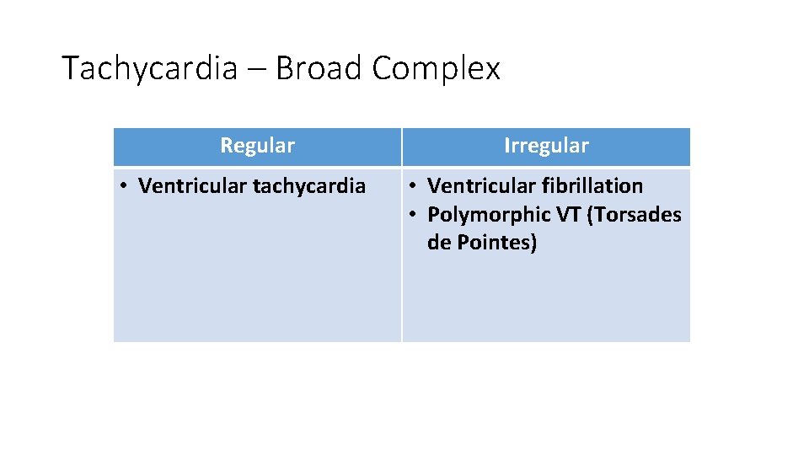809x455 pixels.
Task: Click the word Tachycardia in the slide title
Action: coord(150,68)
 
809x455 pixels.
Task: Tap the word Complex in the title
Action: coord(436,68)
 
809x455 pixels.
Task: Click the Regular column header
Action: coord(257,146)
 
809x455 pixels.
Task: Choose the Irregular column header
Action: coord(546,146)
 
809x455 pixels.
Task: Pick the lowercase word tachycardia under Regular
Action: coord(309,186)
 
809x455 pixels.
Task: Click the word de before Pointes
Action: coord(438,244)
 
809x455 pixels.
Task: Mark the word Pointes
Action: coord(491,244)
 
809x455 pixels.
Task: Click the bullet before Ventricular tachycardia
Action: coord(123,186)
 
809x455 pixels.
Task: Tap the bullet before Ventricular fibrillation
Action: coord(412,186)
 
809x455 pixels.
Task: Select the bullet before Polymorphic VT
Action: coord(412,215)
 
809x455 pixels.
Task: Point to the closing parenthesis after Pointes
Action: coord(533,244)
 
